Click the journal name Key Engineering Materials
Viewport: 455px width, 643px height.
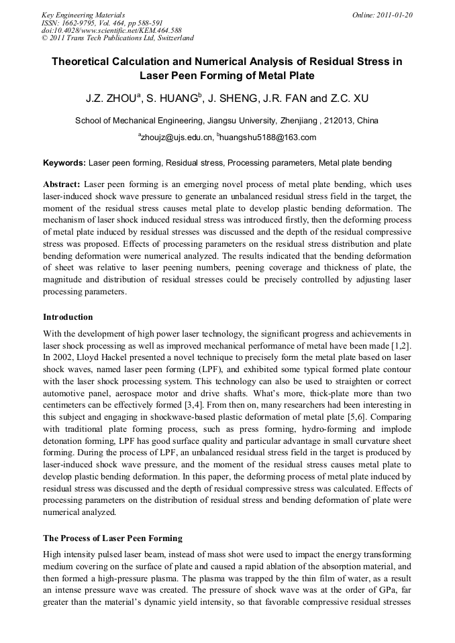(83, 15)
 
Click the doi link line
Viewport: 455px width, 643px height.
(111, 30)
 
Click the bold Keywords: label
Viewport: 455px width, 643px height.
(64, 163)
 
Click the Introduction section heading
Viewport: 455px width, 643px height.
(68, 316)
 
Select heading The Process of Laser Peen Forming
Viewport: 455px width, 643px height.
(113, 538)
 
